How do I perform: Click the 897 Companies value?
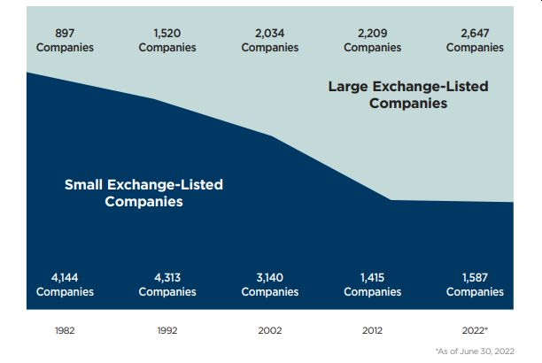pos(65,40)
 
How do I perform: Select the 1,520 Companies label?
pos(167,40)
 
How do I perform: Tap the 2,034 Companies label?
pos(270,40)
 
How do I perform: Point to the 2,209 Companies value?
pos(372,40)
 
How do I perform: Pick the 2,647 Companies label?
pos(475,40)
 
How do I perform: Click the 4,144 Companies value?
pos(65,284)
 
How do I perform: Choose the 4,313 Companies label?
pos(167,284)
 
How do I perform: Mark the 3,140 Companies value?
pos(270,284)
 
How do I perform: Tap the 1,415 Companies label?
pos(372,284)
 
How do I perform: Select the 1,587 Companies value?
pos(475,284)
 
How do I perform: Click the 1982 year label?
pos(65,330)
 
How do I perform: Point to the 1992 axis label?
pos(167,330)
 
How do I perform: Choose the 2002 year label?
pos(270,330)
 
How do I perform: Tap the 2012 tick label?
pos(372,330)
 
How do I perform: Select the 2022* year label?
pos(476,330)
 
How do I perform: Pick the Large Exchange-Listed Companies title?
pos(408,95)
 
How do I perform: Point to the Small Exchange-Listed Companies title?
pos(143,193)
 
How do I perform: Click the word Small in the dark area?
pos(84,185)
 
